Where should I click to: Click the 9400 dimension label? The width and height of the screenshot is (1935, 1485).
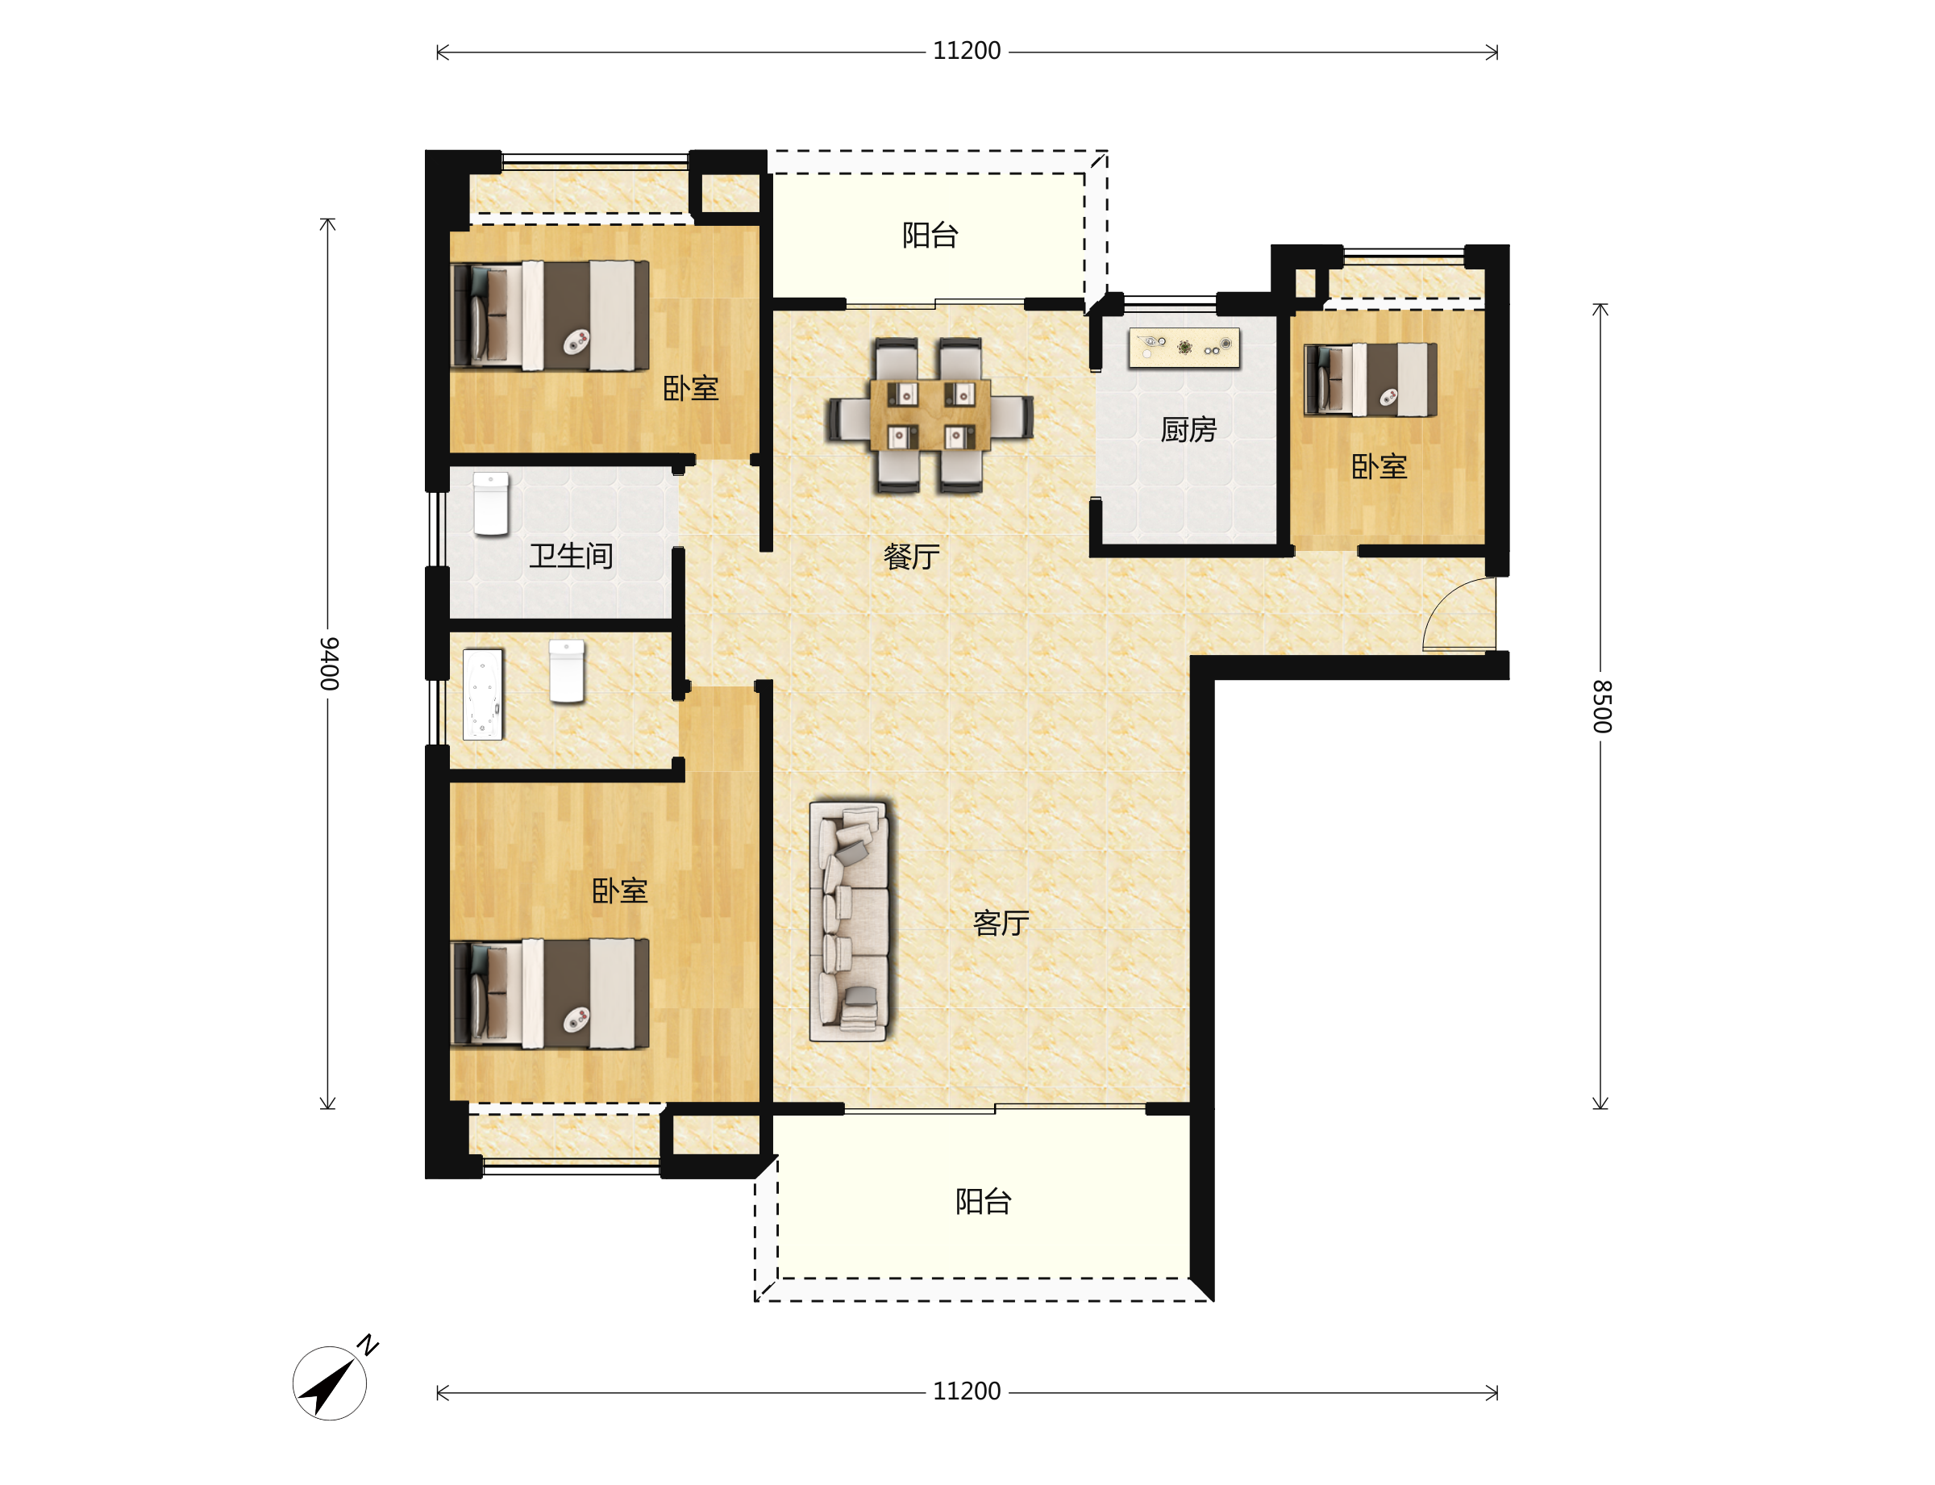click(x=328, y=663)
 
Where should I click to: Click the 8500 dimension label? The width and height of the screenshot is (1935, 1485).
click(x=1600, y=707)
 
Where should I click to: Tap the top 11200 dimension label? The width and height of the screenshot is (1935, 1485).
click(x=967, y=52)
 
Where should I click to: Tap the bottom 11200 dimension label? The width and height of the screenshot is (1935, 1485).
click(x=967, y=1391)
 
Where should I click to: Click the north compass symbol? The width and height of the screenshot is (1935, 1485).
click(x=334, y=1379)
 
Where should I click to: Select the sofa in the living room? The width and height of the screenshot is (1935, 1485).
click(x=849, y=921)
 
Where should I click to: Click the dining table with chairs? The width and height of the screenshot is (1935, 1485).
click(x=930, y=415)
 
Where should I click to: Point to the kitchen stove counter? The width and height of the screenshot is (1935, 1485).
click(x=1184, y=348)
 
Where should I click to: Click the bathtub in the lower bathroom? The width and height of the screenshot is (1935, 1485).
click(x=482, y=695)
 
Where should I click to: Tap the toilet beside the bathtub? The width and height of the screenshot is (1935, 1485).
click(x=566, y=671)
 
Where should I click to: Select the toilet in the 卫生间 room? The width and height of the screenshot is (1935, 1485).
click(x=490, y=504)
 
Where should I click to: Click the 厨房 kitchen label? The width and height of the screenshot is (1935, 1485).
click(x=1188, y=430)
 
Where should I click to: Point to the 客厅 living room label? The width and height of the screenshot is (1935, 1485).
click(x=1001, y=923)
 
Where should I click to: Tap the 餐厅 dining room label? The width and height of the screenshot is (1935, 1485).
click(x=912, y=557)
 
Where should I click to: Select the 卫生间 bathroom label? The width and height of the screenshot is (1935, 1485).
click(x=571, y=556)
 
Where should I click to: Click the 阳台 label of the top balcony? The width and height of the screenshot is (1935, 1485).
click(x=930, y=235)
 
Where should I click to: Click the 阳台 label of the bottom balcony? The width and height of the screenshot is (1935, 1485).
click(x=984, y=1201)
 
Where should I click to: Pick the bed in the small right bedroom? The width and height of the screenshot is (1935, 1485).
click(x=1371, y=379)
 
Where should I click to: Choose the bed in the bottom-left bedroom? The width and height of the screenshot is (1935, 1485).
click(x=550, y=994)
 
